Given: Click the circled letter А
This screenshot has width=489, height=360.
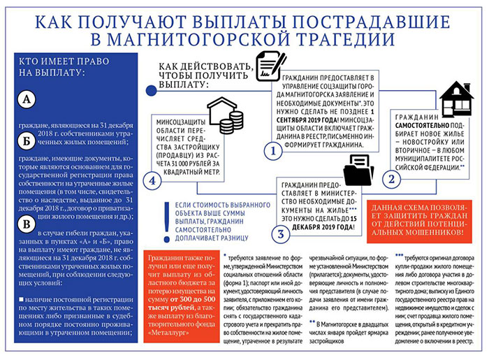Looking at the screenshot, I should [x=27, y=100].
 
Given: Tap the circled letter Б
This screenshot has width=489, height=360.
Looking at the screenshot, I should [x=27, y=142].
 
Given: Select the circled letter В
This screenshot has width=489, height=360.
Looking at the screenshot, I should [x=27, y=224].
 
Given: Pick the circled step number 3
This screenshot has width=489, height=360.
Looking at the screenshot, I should [x=279, y=233].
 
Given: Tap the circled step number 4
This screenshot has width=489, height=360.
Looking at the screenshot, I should [x=152, y=181].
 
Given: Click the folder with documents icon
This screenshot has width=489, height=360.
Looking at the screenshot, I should [x=358, y=168].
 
